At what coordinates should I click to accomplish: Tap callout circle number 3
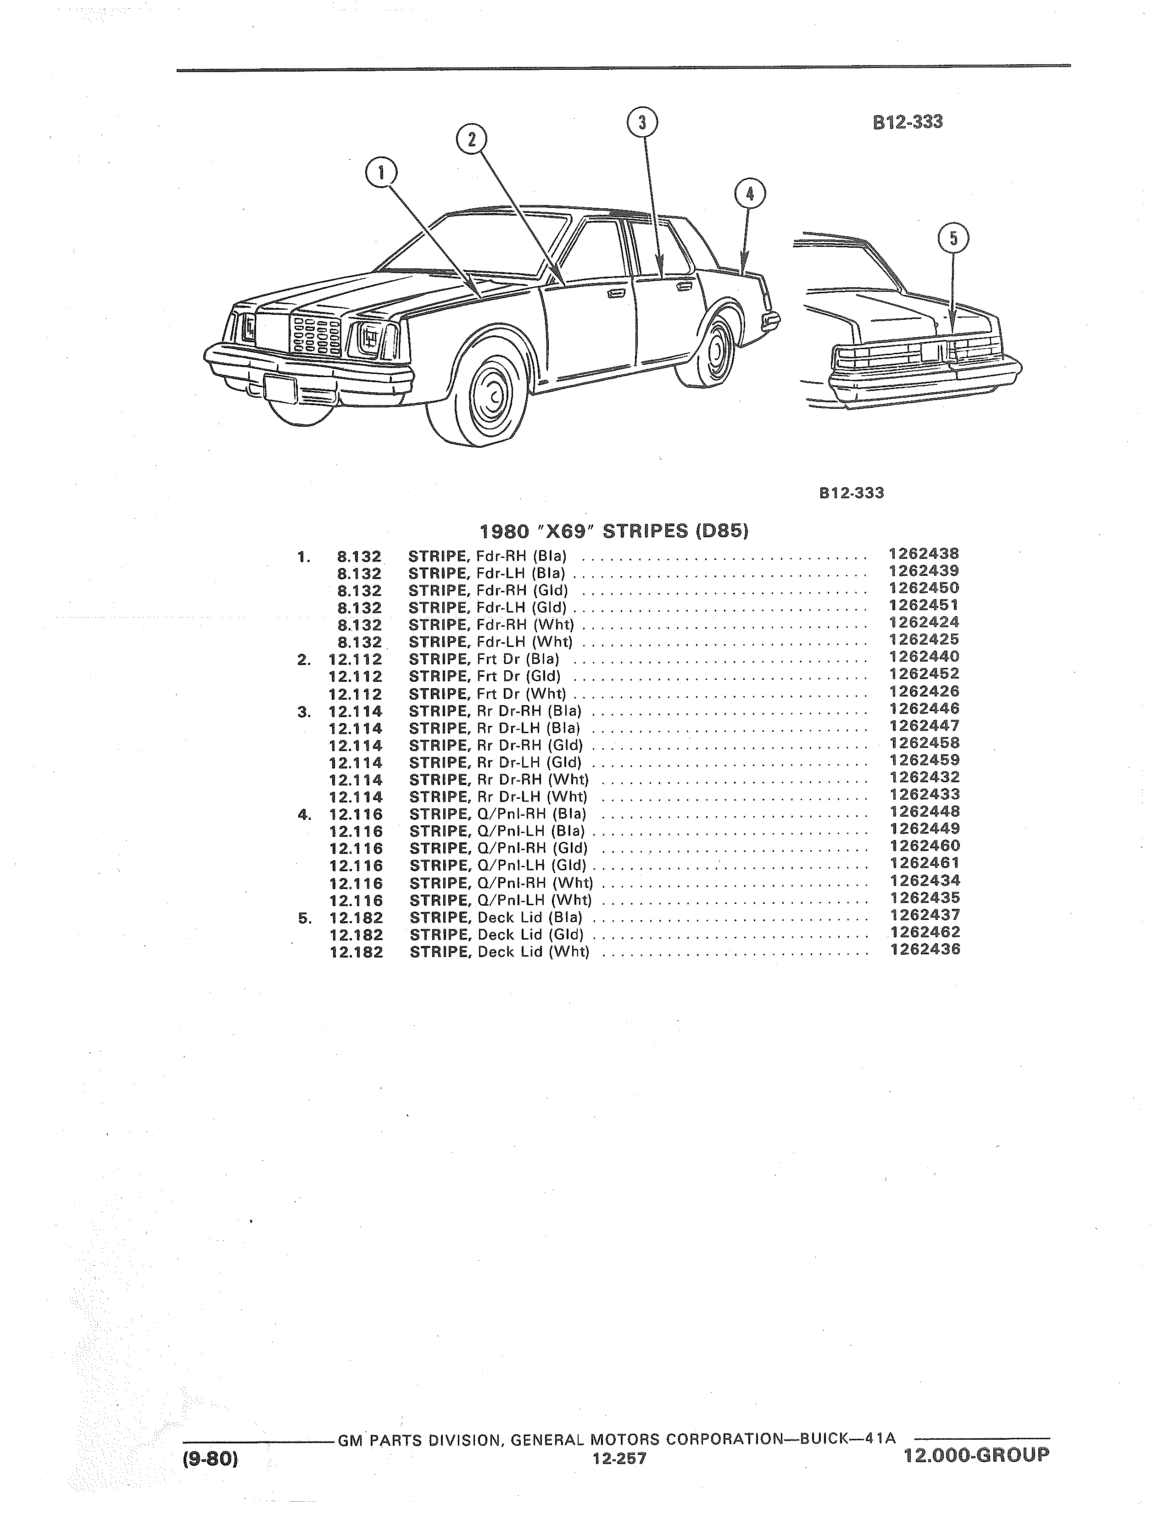coord(642,122)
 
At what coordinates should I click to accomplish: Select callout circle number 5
coord(953,239)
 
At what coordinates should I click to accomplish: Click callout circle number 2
coord(471,139)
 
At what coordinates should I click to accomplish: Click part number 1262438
coord(924,554)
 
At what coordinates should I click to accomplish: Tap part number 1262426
coord(925,691)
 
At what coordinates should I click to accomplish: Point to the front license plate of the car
coord(280,389)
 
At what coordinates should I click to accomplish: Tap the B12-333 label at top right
coord(908,122)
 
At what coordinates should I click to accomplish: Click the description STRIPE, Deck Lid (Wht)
coord(500,952)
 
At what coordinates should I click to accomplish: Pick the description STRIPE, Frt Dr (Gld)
coord(485,676)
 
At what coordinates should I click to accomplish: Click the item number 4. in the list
coord(304,814)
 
